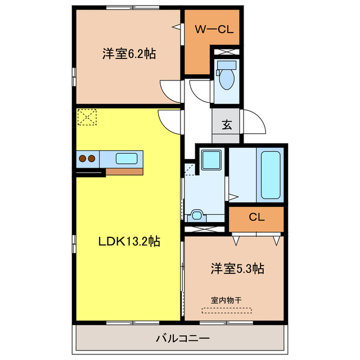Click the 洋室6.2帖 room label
(x=129, y=54)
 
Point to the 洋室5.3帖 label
(x=237, y=269)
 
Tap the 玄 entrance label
(x=226, y=124)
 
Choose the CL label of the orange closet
(x=255, y=217)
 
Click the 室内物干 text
(x=227, y=300)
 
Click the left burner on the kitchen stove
(x=82, y=159)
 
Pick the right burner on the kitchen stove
(x=91, y=159)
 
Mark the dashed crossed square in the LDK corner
(x=87, y=118)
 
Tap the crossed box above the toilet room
(x=227, y=52)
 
